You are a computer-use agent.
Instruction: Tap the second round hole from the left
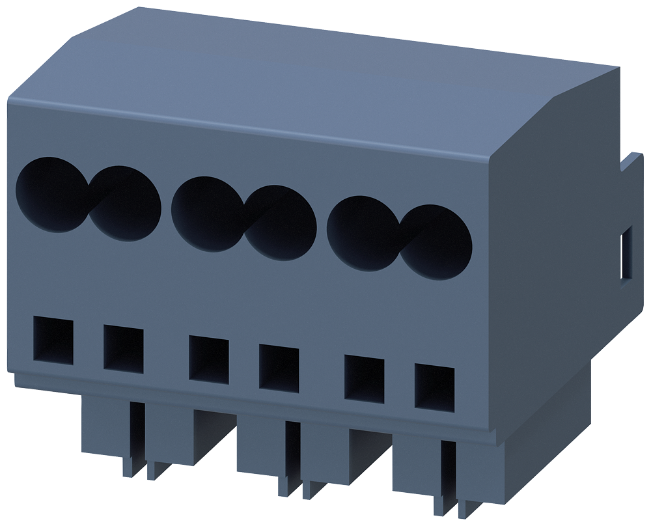click(x=127, y=203)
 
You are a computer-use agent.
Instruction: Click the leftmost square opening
click(x=53, y=340)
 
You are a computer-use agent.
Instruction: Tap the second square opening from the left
click(x=123, y=350)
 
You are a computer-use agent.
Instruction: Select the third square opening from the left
click(x=208, y=358)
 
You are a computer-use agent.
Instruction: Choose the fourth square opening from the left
click(x=279, y=368)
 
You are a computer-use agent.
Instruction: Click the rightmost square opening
click(x=434, y=389)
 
